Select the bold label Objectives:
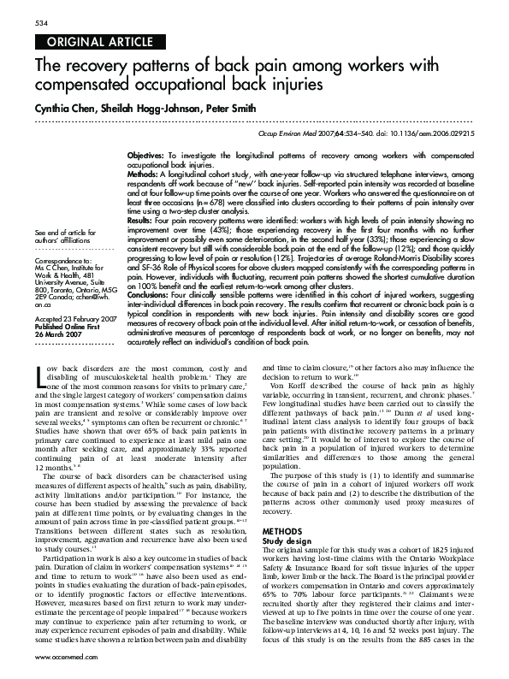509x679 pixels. click(146, 154)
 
